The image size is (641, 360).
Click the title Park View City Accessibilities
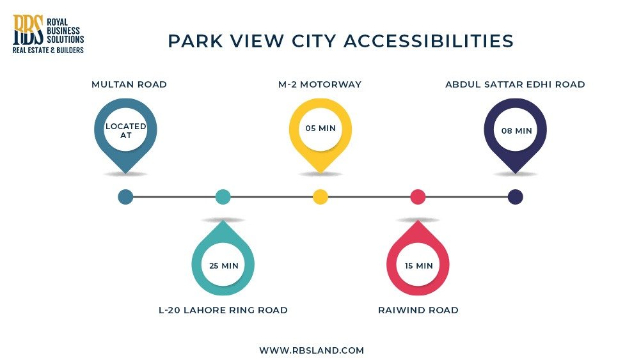[341, 42]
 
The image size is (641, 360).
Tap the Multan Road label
[129, 84]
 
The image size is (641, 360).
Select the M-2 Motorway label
[320, 84]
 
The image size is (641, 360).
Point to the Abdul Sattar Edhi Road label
[515, 84]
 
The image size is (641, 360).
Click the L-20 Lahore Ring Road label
[223, 310]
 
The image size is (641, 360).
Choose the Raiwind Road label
[418, 310]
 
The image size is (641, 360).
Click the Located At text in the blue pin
[125, 130]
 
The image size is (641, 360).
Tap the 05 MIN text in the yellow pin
[320, 129]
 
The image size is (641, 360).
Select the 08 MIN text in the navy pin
[516, 130]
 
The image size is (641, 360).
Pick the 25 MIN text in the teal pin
[223, 265]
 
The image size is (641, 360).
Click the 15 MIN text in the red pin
[418, 265]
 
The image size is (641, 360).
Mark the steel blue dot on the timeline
[125, 197]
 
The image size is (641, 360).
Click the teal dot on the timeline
[223, 197]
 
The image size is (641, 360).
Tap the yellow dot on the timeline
[320, 197]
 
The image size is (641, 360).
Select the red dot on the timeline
[418, 197]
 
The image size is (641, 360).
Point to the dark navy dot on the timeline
[515, 197]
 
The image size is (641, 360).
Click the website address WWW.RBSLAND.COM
[312, 350]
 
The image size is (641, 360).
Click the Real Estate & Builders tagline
[48, 50]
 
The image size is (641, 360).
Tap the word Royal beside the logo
[59, 19]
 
